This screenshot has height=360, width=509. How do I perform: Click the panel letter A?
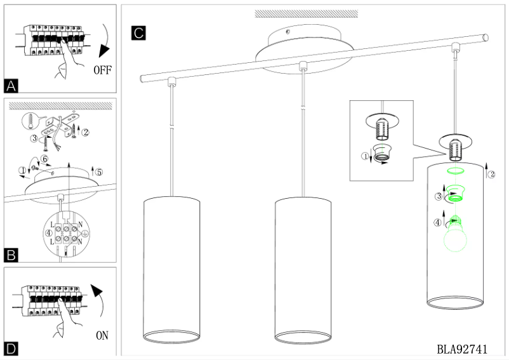coord(11,86)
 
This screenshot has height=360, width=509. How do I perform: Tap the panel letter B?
coord(11,255)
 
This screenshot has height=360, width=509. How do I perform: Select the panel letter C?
coord(138,33)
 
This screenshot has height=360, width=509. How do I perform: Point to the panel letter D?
coord(11,349)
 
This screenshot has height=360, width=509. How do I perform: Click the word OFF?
coord(103,70)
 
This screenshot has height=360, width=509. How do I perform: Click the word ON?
coord(102,335)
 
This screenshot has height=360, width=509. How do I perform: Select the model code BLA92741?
coord(462,349)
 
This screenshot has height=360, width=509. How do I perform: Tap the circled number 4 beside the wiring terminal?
coord(49,233)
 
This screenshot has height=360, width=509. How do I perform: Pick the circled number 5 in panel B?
coord(100,172)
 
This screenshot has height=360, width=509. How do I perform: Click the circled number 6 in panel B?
coord(45,159)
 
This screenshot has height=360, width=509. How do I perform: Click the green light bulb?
coord(455,234)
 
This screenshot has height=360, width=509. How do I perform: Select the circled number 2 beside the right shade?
coord(492,175)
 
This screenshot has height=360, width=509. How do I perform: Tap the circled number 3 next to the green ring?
coord(439,196)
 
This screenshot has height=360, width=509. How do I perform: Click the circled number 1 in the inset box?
coord(365,156)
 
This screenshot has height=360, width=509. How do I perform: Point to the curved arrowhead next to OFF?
coord(105,51)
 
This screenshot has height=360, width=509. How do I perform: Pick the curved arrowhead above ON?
coord(96,291)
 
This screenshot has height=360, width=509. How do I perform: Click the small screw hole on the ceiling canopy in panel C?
coord(288,32)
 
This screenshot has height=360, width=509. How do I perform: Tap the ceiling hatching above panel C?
coord(306,13)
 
